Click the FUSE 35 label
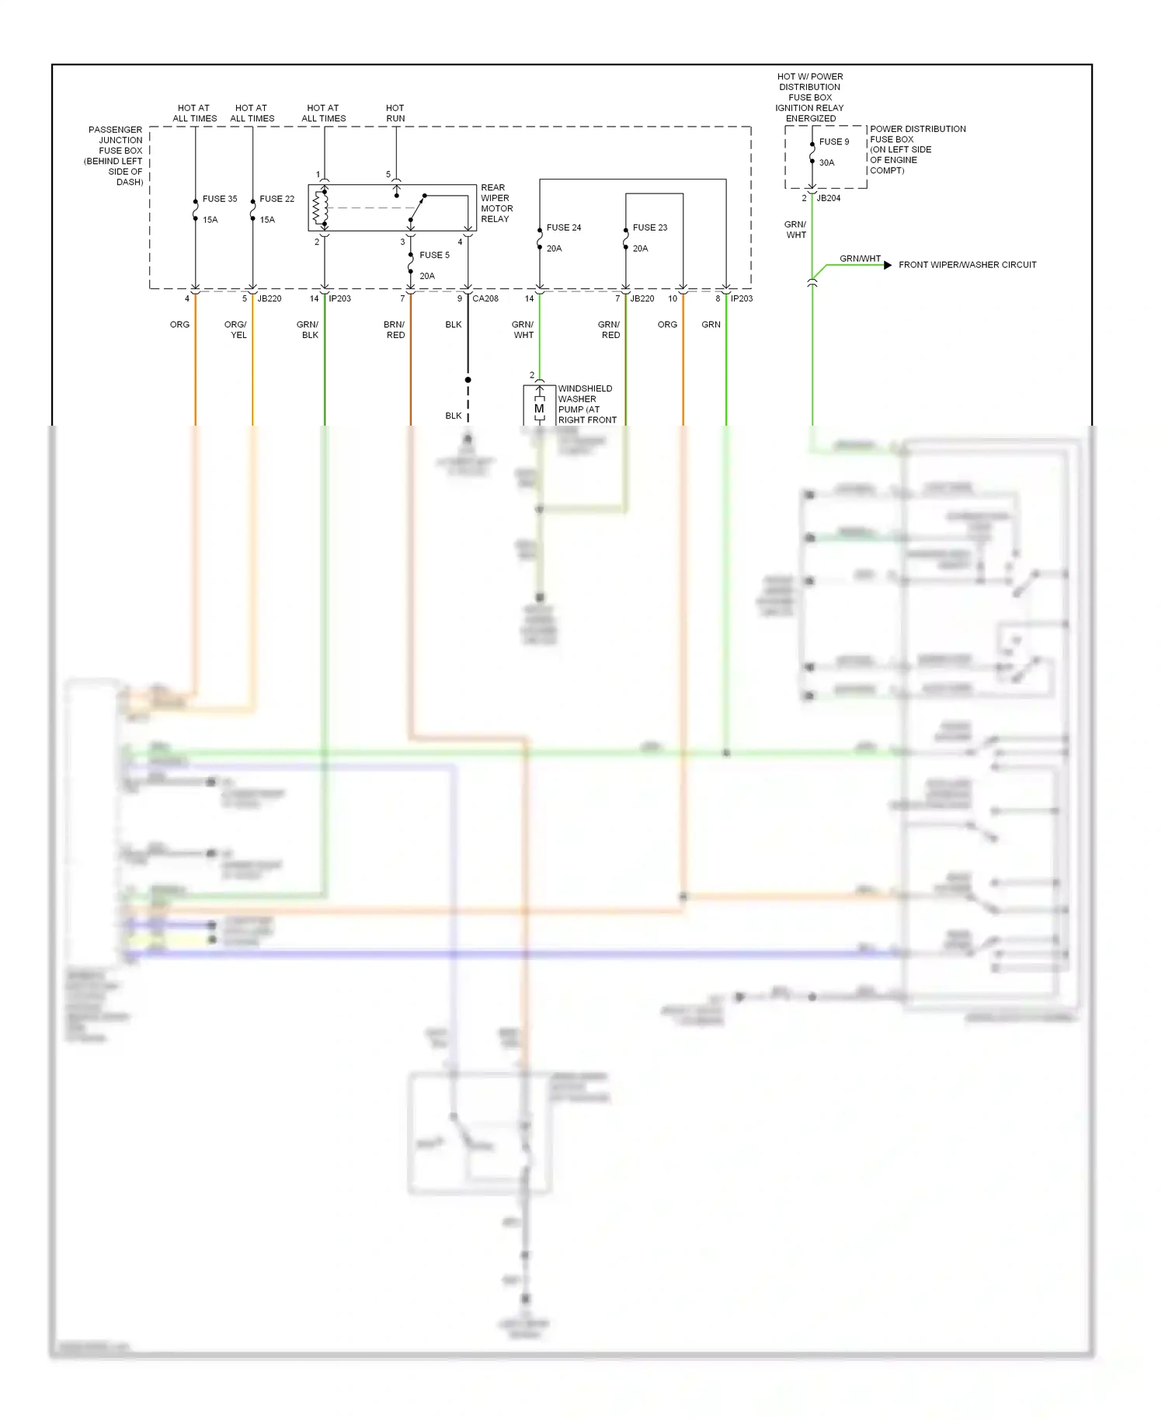(x=220, y=199)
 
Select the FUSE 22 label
(x=276, y=199)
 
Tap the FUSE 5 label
(x=434, y=255)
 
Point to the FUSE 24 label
(x=564, y=228)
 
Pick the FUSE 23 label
(x=650, y=228)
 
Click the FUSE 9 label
(x=834, y=142)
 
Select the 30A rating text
(x=826, y=163)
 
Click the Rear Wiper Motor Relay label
(x=496, y=204)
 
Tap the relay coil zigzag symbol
(x=317, y=208)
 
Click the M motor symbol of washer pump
(x=539, y=409)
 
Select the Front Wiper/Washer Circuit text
(x=967, y=265)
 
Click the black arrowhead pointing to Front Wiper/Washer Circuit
(x=888, y=265)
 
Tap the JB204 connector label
(x=829, y=198)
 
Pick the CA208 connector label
(x=485, y=298)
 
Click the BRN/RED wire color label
(x=395, y=329)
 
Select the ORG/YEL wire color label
(x=236, y=329)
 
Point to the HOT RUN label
(x=395, y=113)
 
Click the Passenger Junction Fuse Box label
(x=115, y=155)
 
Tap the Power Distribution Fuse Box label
(x=916, y=149)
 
